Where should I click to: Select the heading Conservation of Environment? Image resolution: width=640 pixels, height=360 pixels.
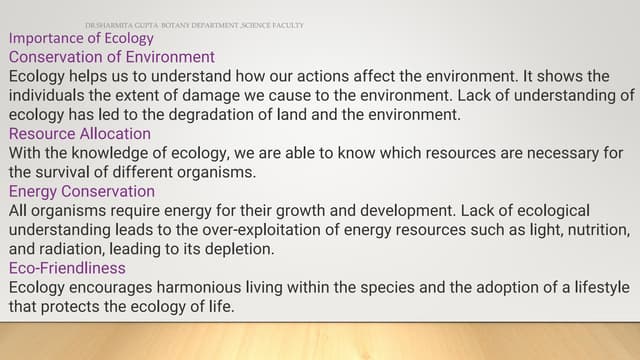[111, 57]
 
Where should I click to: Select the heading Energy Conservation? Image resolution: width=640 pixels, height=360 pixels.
[81, 191]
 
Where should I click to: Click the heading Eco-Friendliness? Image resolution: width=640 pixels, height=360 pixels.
[67, 268]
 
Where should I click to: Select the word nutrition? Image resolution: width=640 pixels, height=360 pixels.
[595, 229]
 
